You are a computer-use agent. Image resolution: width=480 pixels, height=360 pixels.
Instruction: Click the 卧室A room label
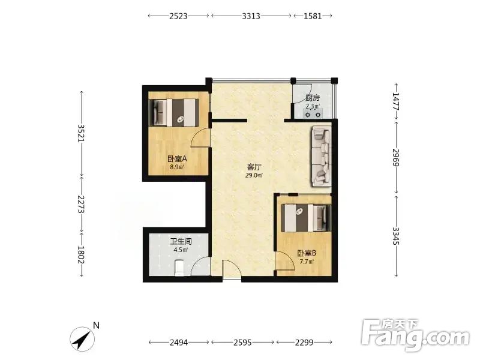pos(177,159)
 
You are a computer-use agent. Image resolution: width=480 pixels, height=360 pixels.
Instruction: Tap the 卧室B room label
pos(307,253)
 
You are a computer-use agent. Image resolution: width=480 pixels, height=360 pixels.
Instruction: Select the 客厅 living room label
pos(254,167)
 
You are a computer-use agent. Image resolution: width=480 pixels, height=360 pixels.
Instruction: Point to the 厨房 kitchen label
pos(313,98)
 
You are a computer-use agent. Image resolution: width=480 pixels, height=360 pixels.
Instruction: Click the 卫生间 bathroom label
pos(181,242)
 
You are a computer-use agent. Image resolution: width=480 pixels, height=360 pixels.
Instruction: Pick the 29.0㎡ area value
pos(254,175)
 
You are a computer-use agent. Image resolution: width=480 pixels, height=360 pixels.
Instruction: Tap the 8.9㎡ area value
pos(177,167)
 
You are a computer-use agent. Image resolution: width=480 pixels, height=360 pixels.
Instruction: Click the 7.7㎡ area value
pos(307,262)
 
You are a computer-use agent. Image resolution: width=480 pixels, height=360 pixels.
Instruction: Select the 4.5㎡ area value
pos(181,250)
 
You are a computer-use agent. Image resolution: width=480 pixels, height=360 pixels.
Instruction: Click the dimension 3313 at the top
pos(251,16)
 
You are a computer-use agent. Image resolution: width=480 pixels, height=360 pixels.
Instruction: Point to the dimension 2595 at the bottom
pos(243,342)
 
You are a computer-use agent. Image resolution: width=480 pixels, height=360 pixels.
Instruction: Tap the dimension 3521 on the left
pos(81,133)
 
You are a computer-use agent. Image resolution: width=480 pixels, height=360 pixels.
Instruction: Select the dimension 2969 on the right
pos(396,157)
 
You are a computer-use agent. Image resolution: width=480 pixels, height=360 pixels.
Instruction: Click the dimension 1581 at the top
pos(313,16)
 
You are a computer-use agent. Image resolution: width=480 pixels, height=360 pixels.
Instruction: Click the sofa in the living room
pos(322,156)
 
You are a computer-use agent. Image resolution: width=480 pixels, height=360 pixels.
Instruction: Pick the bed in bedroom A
pos(174,112)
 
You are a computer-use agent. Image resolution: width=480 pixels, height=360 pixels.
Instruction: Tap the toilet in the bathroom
pos(179,267)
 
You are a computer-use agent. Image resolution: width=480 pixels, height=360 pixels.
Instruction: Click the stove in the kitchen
pos(313,115)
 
